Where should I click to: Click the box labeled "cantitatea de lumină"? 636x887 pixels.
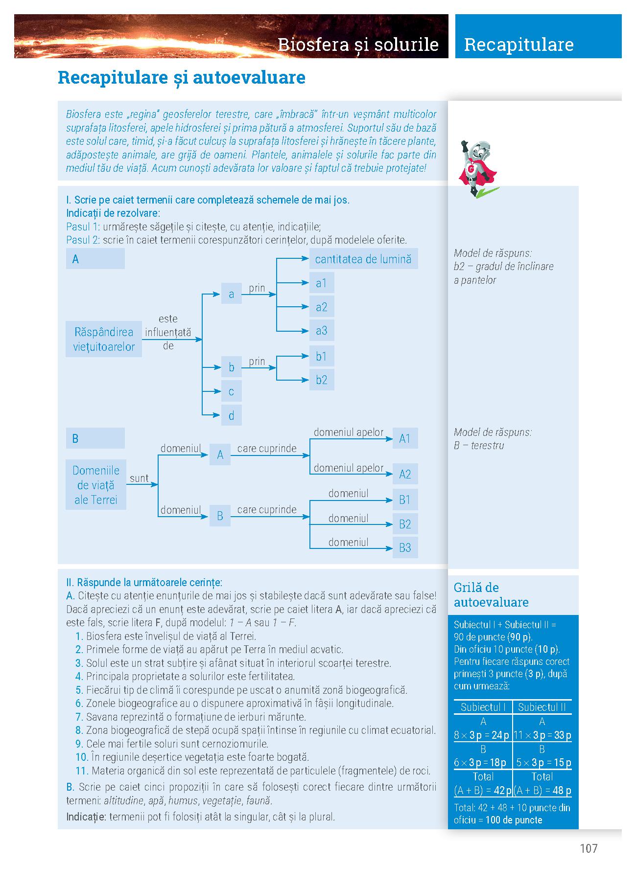[x=363, y=259]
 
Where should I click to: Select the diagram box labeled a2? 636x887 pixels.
[x=321, y=307]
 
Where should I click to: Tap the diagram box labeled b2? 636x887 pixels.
[x=321, y=380]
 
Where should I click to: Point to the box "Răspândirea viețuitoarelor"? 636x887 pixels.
[x=104, y=339]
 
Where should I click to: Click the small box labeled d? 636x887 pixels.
[x=231, y=416]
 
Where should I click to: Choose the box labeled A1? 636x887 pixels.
[x=405, y=438]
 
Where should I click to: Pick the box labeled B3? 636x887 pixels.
[x=405, y=548]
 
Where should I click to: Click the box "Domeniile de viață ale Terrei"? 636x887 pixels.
[x=96, y=485]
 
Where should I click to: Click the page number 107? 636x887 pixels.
[x=589, y=848]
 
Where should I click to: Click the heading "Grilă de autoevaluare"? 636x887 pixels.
[x=491, y=595]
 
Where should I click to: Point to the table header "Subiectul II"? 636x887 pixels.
[x=542, y=707]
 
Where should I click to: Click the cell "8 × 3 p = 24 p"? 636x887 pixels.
[x=483, y=735]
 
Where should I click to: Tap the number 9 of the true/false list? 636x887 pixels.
[x=79, y=744]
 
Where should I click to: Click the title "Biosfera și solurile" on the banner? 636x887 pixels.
[x=358, y=45]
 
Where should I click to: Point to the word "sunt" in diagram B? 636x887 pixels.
[x=139, y=478]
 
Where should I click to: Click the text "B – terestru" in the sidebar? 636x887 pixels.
[x=479, y=446]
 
